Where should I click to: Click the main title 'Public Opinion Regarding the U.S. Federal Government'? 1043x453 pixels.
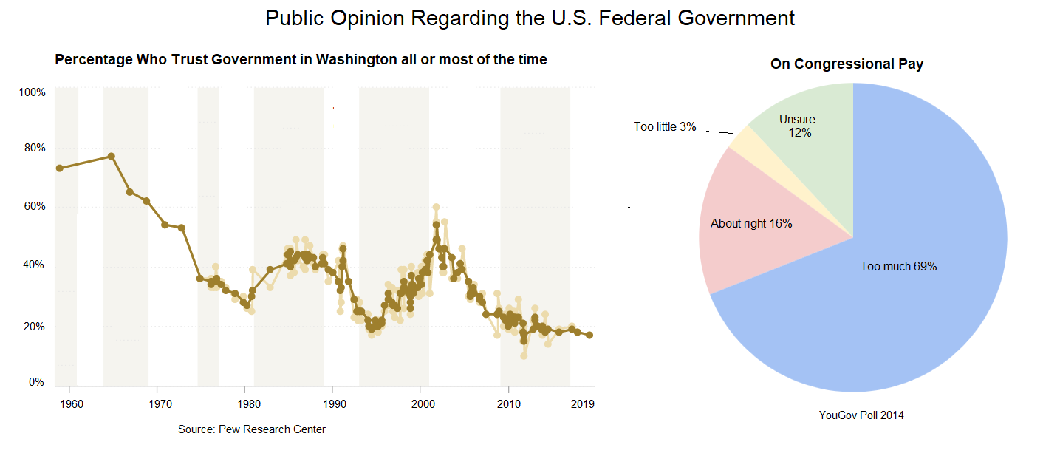point(530,18)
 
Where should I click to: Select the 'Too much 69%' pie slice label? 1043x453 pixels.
point(898,267)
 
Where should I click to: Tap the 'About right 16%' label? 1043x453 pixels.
point(750,223)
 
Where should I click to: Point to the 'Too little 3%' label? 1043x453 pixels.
point(665,127)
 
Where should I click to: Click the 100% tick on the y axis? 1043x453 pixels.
point(33,92)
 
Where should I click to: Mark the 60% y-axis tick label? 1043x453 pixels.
point(33,206)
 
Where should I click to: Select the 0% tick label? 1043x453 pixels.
point(36,382)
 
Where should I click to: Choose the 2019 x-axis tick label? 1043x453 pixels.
point(584,404)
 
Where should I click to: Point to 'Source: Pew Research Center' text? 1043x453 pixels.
point(252,429)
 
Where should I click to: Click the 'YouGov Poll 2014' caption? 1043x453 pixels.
point(861,415)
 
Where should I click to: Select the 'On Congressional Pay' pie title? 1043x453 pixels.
point(847,64)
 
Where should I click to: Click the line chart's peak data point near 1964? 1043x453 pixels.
point(111,156)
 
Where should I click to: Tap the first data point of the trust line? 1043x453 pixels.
point(59,168)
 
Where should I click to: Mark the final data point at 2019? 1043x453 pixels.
point(589,335)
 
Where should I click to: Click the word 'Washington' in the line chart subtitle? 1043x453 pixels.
point(356,60)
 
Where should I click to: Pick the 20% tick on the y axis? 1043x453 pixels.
point(33,327)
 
